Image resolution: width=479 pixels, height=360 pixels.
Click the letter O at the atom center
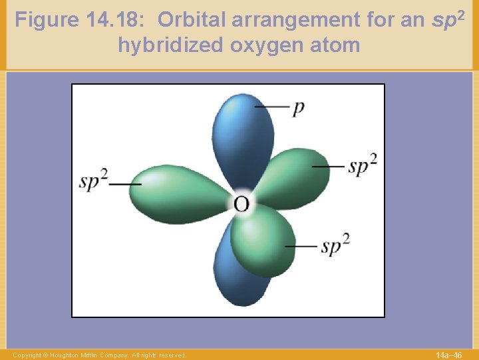(241, 203)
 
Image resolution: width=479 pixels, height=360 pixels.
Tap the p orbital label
(298, 108)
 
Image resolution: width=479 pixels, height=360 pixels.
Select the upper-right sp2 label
(363, 165)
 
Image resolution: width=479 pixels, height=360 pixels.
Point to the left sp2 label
(94, 182)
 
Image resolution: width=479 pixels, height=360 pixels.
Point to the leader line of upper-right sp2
(328, 166)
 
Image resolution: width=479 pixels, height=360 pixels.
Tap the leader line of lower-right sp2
(301, 246)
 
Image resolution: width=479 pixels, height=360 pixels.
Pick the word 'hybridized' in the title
(171, 45)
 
